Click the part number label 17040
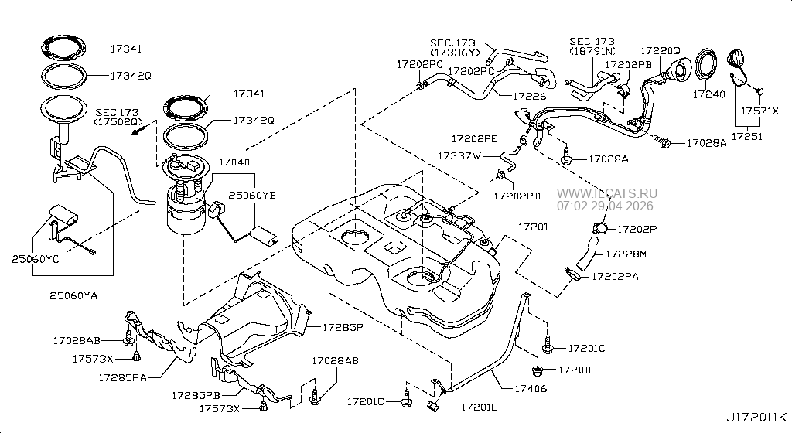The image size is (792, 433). click(234, 164)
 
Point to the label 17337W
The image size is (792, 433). click(460, 155)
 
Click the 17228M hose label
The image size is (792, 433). click(627, 253)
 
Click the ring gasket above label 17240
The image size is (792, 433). click(706, 64)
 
